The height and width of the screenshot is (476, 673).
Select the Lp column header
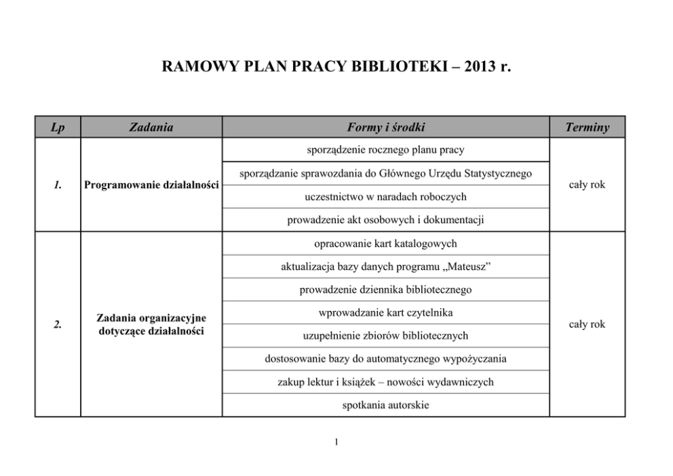[x=58, y=127]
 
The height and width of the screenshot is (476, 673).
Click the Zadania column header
[x=151, y=127]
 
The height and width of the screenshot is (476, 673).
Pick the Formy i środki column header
[x=385, y=127]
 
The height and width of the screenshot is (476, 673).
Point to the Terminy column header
[x=587, y=127]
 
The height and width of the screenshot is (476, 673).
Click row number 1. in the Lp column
[x=58, y=185]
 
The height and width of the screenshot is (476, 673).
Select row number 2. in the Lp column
[x=58, y=324]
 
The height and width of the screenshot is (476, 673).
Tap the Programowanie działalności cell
[x=151, y=185]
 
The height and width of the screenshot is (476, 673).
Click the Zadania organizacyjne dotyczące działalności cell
[x=151, y=324]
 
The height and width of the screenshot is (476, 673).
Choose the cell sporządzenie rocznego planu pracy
[x=385, y=150]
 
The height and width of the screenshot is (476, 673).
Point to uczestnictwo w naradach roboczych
[x=385, y=197]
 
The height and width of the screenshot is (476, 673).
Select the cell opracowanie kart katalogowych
[x=385, y=243]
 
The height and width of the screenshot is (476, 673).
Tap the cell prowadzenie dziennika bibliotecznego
[x=385, y=290]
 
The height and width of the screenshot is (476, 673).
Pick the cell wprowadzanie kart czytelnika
[x=385, y=313]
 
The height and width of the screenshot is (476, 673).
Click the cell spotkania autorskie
[x=385, y=405]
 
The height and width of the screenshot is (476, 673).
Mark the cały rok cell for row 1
[x=587, y=185]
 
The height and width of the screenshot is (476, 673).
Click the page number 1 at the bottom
[x=336, y=443]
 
